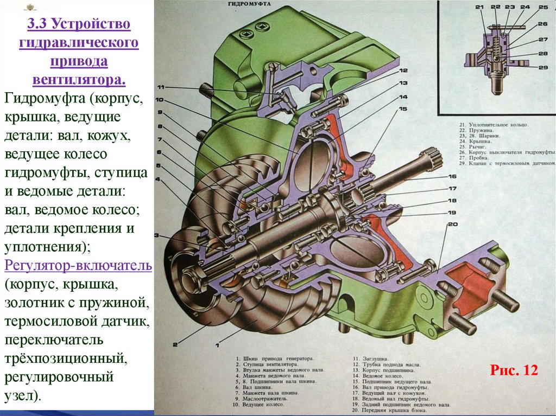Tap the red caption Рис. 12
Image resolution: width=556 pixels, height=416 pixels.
coord(513,370)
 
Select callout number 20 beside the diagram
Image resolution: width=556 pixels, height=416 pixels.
coord(452,224)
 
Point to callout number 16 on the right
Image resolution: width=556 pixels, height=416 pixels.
coord(452,177)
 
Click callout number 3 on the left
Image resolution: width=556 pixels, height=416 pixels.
coord(157,235)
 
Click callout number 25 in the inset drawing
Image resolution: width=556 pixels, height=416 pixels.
coord(543,7)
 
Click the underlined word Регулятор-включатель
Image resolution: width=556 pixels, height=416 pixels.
coord(78,266)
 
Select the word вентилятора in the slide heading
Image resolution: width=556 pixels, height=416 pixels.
coord(79,80)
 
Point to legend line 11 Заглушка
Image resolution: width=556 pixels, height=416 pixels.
coord(369,359)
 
